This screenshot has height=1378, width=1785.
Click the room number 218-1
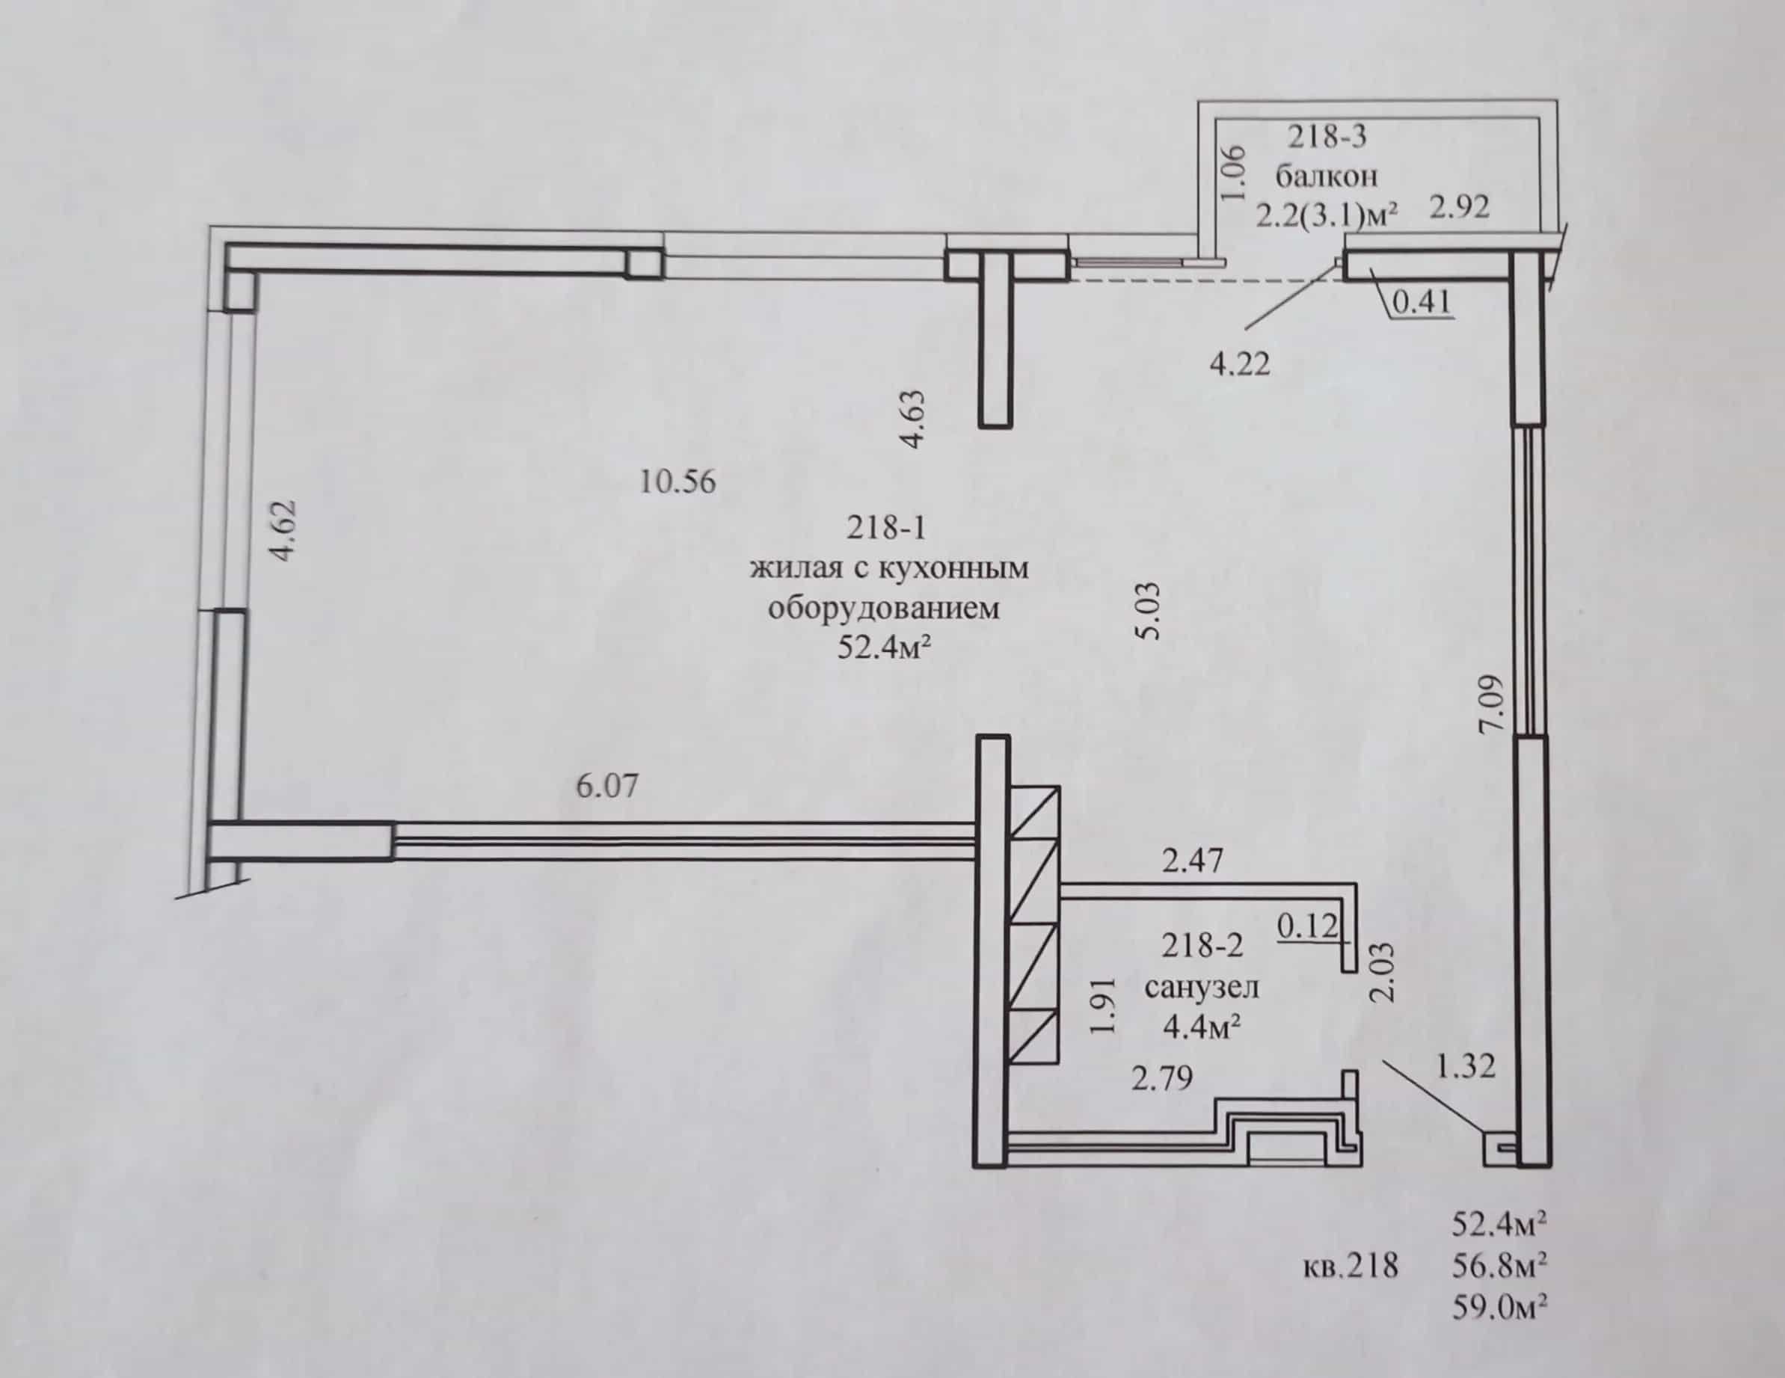[886, 527]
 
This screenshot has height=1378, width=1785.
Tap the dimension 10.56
[677, 482]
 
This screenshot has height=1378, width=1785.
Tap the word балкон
[1327, 176]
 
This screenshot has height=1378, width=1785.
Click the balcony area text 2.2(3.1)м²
[1327, 216]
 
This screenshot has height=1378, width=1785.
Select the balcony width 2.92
[1460, 207]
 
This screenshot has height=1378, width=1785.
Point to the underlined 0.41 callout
[1422, 302]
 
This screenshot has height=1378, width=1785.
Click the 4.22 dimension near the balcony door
[1240, 363]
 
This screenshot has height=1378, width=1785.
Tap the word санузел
[1202, 987]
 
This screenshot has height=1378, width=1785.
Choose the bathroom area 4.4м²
[1202, 1027]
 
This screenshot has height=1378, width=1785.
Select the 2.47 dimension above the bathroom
[1193, 861]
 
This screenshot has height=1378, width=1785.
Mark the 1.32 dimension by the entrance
[1466, 1065]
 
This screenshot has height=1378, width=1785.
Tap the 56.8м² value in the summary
[1501, 1266]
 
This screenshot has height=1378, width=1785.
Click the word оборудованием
[885, 608]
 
